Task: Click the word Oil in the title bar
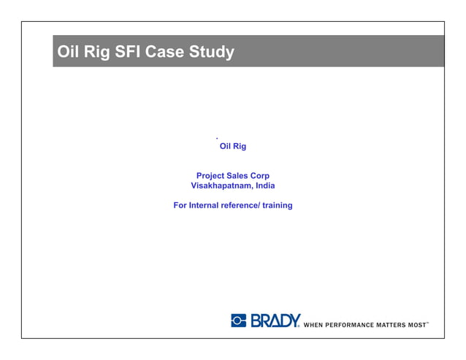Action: click(71, 53)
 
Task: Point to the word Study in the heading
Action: click(213, 53)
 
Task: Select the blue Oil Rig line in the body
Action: click(233, 147)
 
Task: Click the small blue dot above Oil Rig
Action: click(218, 138)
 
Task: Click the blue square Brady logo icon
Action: click(239, 321)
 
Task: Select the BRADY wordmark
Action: click(275, 321)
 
